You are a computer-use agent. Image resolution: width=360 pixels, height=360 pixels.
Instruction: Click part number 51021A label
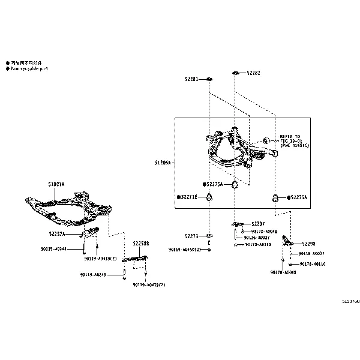coord(56,184)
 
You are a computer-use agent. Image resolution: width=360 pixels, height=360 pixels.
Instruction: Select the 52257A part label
coord(58,234)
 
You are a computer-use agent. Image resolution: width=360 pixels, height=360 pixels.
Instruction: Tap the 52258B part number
coord(141,244)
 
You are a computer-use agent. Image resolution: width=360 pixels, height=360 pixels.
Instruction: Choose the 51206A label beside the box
coord(162,162)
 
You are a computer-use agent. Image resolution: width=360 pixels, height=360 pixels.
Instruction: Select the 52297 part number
coord(258,223)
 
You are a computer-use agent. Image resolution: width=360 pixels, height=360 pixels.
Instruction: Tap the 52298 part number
coord(309,244)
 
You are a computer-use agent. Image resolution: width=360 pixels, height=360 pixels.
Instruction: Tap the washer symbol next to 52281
coord(209,79)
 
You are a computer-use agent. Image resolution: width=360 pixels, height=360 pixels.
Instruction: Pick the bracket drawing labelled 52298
coord(287,241)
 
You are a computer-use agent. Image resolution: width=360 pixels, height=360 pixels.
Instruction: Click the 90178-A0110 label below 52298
coord(312,263)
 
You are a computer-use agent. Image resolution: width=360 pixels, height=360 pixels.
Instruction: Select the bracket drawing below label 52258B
coord(134,259)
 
